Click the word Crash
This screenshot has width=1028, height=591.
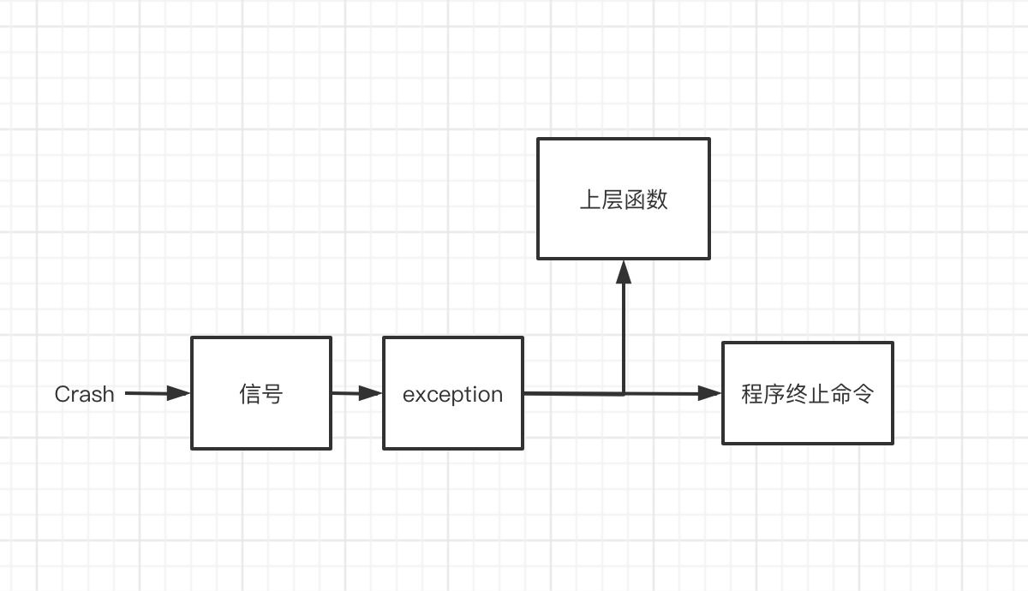tap(84, 394)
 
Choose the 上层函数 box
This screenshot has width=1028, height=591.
tap(624, 231)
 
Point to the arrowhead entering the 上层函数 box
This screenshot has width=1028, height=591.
tap(624, 272)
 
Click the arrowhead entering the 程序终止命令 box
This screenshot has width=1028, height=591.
tap(710, 394)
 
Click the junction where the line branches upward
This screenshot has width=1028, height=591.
tap(624, 394)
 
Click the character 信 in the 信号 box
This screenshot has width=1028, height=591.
tap(250, 394)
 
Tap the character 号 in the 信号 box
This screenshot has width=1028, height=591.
tap(272, 394)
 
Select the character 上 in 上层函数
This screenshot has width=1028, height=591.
tap(590, 200)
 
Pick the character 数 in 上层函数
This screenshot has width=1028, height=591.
tap(657, 200)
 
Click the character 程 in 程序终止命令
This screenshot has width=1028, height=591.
tap(753, 394)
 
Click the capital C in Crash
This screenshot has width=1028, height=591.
tap(62, 394)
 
